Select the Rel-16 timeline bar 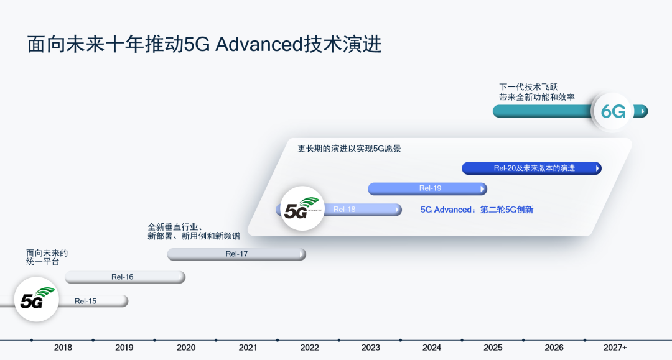click(124, 277)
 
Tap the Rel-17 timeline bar click(236, 254)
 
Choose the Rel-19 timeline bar click(427, 188)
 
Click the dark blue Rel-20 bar click(532, 168)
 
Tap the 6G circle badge click(613, 111)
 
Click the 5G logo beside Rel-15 click(35, 299)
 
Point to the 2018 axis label click(63, 348)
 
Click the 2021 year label click(248, 348)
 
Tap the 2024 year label click(432, 348)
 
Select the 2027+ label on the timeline click(615, 348)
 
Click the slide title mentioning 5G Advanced click(204, 45)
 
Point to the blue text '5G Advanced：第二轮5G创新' click(477, 210)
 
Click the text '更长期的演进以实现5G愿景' click(349, 149)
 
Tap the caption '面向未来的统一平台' click(47, 257)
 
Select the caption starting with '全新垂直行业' click(194, 231)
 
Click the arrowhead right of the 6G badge click(642, 111)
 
